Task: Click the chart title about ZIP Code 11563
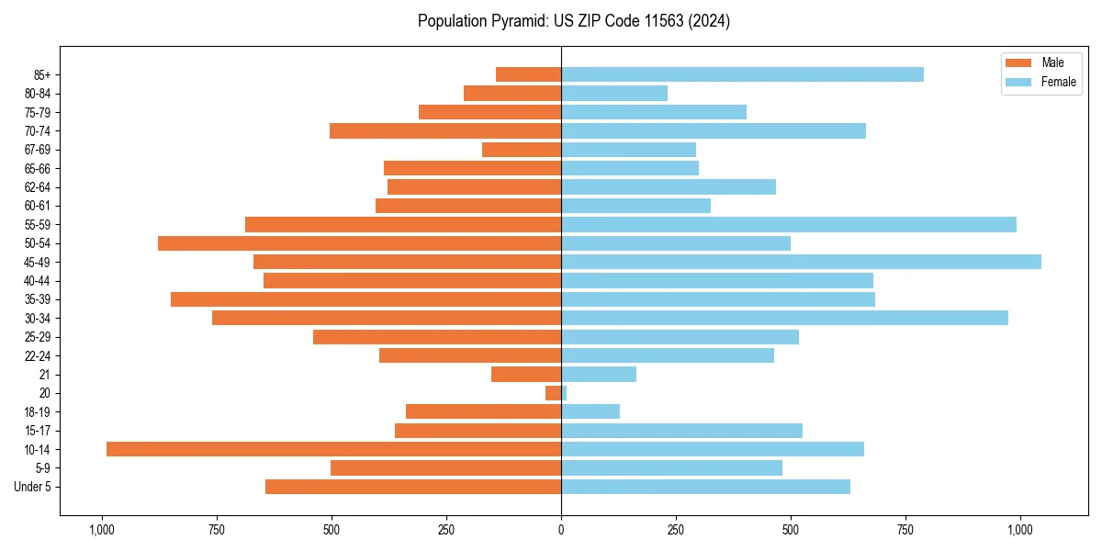pos(573,21)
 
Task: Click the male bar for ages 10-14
pos(333,449)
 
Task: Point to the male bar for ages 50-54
pos(359,243)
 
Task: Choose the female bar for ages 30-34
pos(784,318)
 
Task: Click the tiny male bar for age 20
pos(553,393)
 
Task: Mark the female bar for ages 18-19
pos(590,411)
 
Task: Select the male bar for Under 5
pos(413,487)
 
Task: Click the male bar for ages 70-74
pos(445,130)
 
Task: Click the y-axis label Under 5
pos(32,487)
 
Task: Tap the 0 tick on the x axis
pos(561,530)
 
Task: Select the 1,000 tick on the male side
pos(101,530)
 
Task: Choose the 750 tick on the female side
pos(905,530)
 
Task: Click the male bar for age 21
pos(526,374)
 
